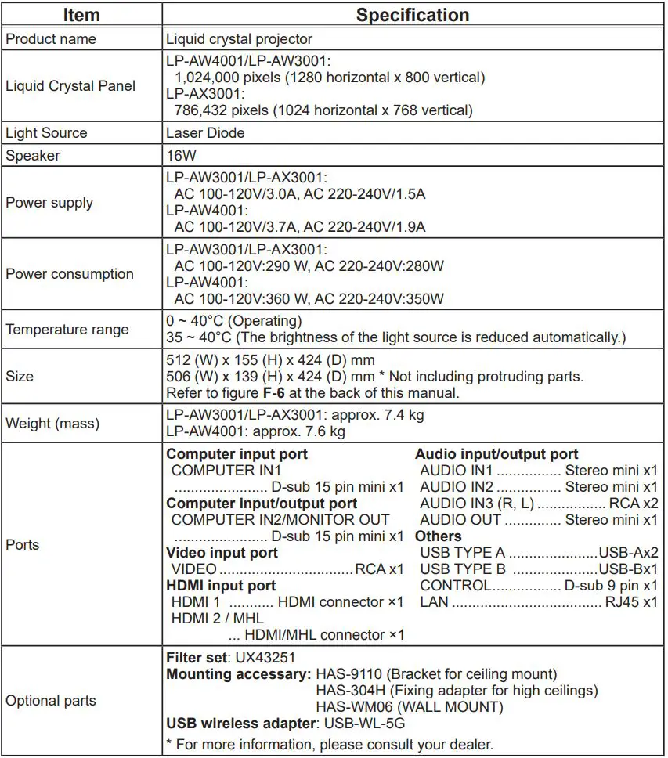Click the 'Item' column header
pyautogui.click(x=81, y=15)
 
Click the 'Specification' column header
pyautogui.click(x=413, y=15)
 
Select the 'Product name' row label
pyautogui.click(x=51, y=38)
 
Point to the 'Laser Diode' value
pyautogui.click(x=205, y=133)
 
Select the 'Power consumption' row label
pyautogui.click(x=70, y=274)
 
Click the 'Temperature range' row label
pyautogui.click(x=67, y=329)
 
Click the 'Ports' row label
pyautogui.click(x=23, y=544)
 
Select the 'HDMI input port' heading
pyautogui.click(x=221, y=586)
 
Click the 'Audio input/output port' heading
pyautogui.click(x=496, y=454)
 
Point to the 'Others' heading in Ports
pyautogui.click(x=438, y=536)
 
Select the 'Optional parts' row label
pyautogui.click(x=51, y=701)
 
